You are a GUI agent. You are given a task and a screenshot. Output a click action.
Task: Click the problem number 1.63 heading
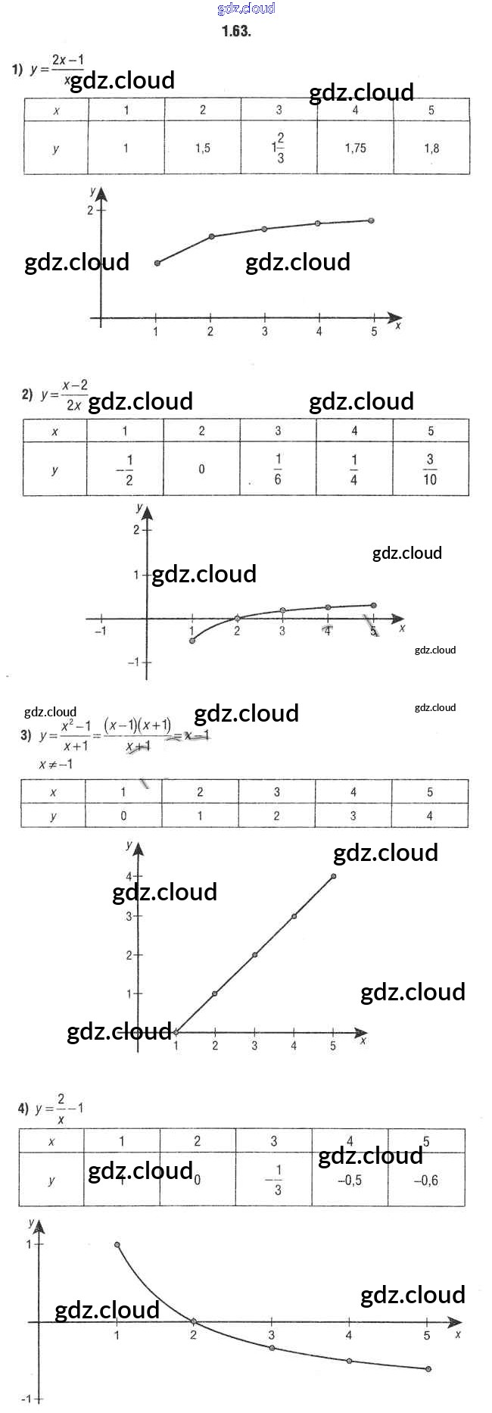pyautogui.click(x=236, y=31)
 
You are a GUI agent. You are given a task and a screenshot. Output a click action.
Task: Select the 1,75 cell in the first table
pyautogui.click(x=355, y=148)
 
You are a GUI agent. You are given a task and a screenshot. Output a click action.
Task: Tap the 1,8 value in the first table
pyautogui.click(x=431, y=148)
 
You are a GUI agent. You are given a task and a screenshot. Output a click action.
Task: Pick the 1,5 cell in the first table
pyautogui.click(x=202, y=148)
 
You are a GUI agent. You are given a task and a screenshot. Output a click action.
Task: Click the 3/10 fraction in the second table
pyautogui.click(x=430, y=469)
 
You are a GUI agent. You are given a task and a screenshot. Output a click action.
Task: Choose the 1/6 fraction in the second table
pyautogui.click(x=278, y=469)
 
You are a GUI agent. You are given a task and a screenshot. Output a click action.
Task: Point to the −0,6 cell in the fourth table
pyautogui.click(x=426, y=1180)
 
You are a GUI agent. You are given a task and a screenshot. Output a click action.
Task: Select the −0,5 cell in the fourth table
pyautogui.click(x=350, y=1180)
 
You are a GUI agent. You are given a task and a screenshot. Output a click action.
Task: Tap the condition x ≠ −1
pyautogui.click(x=56, y=764)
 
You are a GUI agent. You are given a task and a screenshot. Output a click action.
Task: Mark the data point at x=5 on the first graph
pyautogui.click(x=372, y=220)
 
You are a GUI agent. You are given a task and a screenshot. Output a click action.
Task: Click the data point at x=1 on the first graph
pyautogui.click(x=157, y=263)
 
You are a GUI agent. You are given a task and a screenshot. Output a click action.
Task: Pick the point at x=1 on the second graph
pyautogui.click(x=192, y=641)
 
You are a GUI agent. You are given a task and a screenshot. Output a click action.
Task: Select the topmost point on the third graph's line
pyautogui.click(x=334, y=876)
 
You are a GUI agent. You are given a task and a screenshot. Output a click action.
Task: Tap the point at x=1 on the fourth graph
pyautogui.click(x=117, y=1244)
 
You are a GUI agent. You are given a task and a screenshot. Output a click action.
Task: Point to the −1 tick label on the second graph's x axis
pyautogui.click(x=100, y=631)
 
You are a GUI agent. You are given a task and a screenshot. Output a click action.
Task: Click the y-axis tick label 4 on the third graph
pyautogui.click(x=129, y=877)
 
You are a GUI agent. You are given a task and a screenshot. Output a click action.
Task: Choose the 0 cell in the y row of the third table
pyautogui.click(x=123, y=816)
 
